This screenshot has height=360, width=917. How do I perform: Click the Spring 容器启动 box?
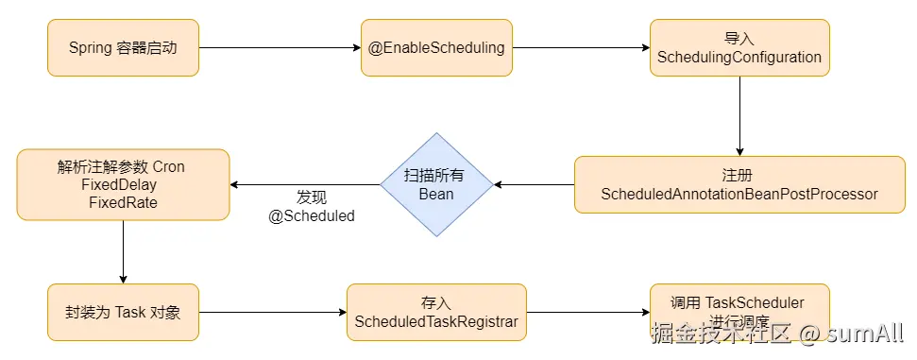[123, 48]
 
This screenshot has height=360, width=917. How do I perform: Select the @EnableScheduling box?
[436, 48]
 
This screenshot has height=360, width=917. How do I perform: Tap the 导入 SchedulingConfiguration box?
[739, 48]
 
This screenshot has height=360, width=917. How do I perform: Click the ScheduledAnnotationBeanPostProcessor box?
[739, 184]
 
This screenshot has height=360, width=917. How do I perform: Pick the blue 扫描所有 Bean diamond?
[436, 184]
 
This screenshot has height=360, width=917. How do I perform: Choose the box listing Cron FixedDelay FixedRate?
[123, 184]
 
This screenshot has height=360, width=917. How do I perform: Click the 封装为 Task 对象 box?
[123, 312]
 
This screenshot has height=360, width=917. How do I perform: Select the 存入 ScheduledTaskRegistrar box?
[436, 312]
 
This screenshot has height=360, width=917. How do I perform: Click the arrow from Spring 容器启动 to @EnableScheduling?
[280, 48]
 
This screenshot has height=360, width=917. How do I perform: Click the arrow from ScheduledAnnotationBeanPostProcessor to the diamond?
[535, 184]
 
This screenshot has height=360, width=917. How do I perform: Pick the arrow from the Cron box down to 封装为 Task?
[123, 251]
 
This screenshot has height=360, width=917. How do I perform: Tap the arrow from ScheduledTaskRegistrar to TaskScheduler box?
[586, 312]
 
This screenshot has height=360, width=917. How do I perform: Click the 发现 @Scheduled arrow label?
[312, 207]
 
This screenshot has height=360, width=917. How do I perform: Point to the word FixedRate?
[123, 202]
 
